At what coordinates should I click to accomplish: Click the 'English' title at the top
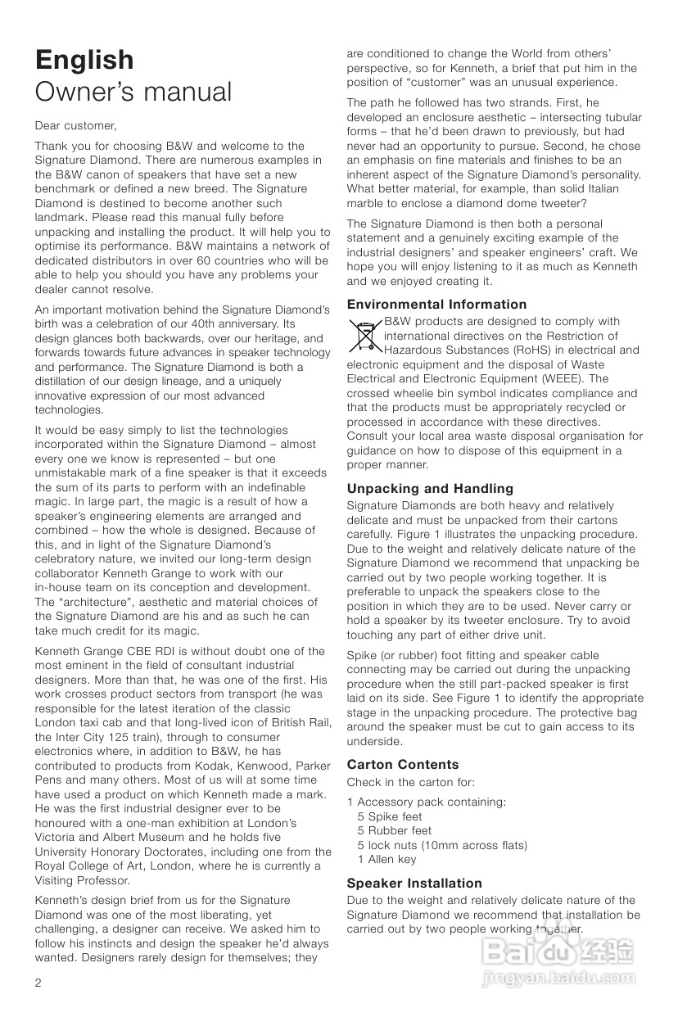click(84, 60)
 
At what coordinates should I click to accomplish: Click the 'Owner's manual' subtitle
click(133, 92)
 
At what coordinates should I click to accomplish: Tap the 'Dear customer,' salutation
click(75, 126)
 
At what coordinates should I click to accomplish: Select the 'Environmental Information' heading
click(436, 304)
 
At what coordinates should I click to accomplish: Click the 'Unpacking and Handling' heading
click(430, 489)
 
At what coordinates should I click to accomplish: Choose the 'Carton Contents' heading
click(402, 764)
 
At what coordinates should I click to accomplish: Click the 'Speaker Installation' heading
click(414, 883)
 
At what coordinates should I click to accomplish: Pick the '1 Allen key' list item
click(386, 859)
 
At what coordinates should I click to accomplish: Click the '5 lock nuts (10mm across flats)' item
click(442, 845)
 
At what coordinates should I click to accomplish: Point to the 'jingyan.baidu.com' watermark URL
click(559, 978)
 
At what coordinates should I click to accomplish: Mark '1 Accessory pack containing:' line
click(426, 802)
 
